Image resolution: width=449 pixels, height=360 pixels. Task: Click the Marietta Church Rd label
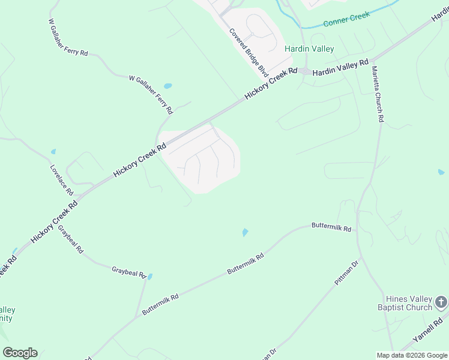(x=376, y=94)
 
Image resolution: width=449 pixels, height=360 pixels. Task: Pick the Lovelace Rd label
(x=62, y=180)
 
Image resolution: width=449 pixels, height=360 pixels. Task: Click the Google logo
(x=20, y=353)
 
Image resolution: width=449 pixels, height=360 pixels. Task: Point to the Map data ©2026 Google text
(x=412, y=355)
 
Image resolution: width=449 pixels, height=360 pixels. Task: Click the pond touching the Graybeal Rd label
(x=150, y=277)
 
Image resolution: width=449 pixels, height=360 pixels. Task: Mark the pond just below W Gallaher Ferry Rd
(x=167, y=86)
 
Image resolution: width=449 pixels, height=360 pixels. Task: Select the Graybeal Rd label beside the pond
(x=128, y=272)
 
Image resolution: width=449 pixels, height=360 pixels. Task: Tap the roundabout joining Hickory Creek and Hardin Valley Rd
(x=306, y=72)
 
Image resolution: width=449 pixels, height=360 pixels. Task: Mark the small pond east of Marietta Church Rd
(x=441, y=172)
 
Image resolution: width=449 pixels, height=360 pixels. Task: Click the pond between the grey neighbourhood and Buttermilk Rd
(x=244, y=232)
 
